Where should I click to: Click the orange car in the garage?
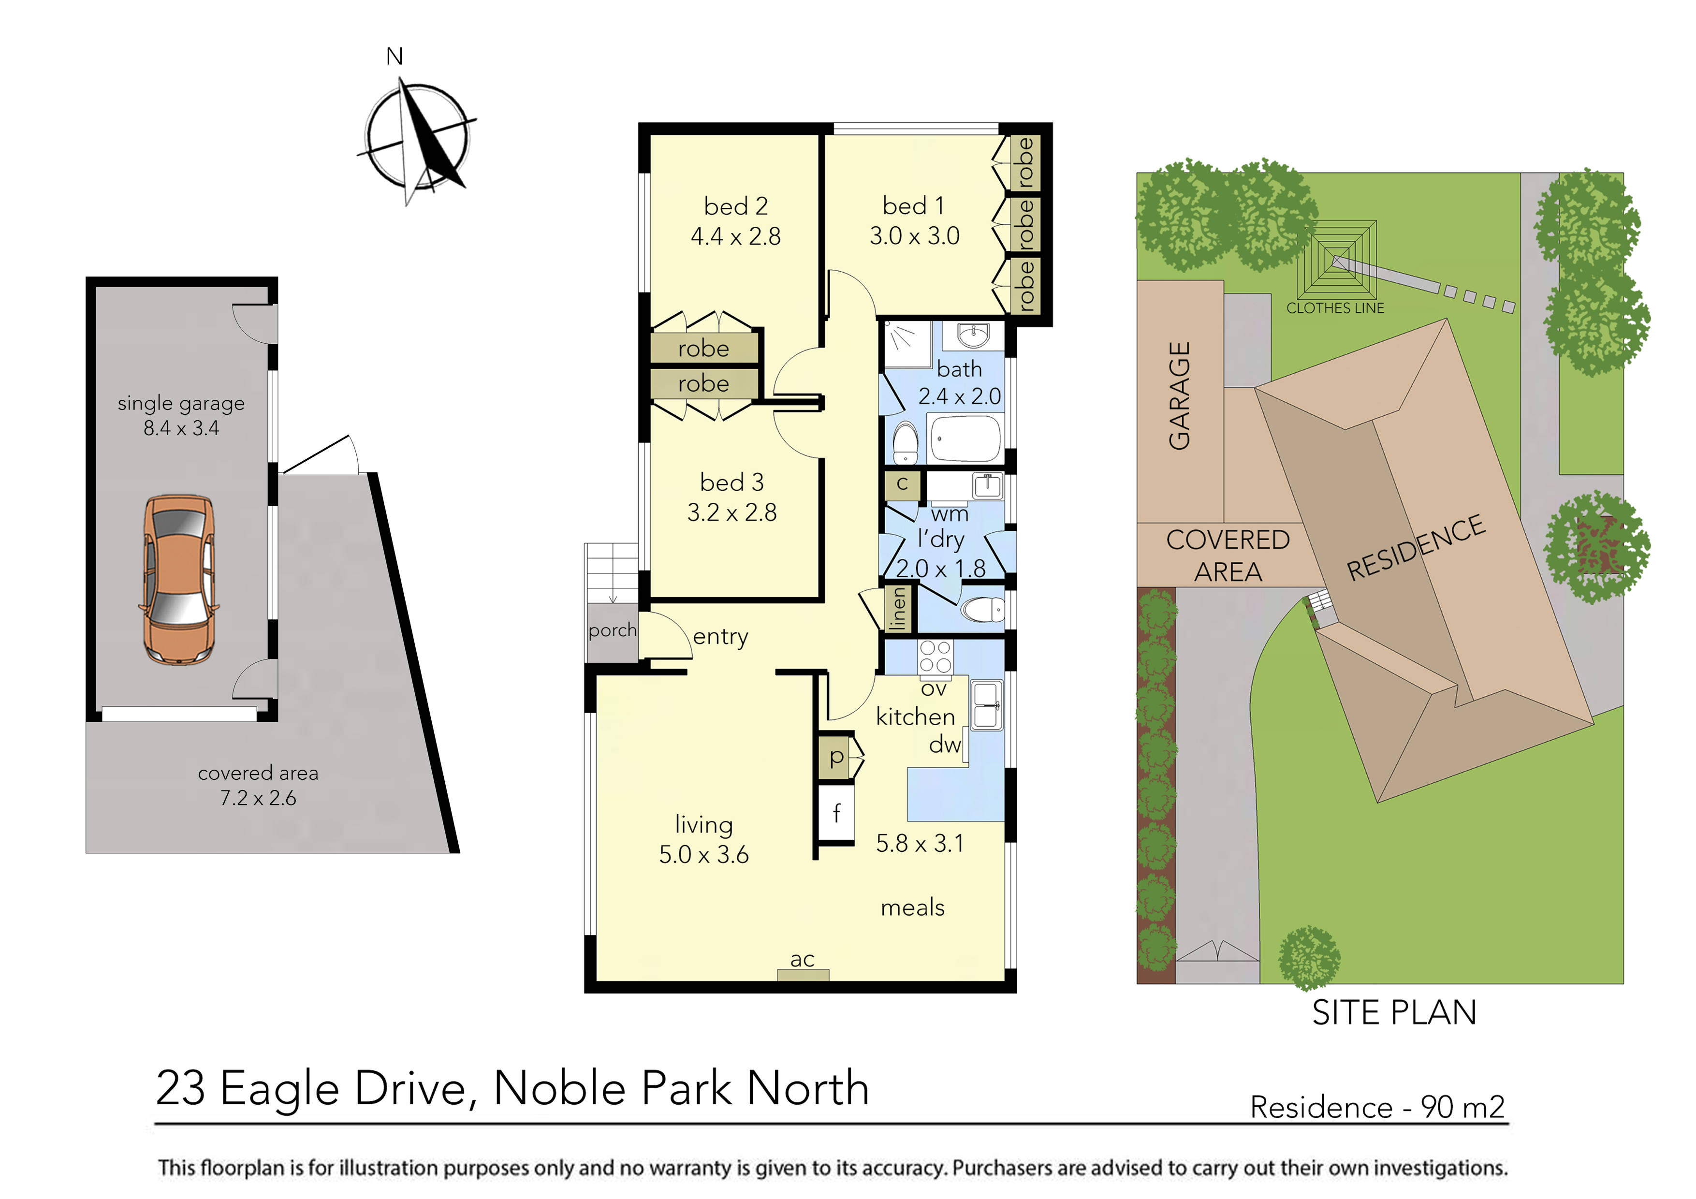click(179, 581)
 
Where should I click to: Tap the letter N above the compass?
click(395, 57)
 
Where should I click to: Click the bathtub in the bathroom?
click(964, 438)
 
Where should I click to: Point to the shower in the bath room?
click(907, 344)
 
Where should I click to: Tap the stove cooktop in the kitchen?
click(935, 657)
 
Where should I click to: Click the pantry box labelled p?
click(836, 757)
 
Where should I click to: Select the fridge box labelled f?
click(836, 813)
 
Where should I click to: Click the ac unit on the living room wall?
click(803, 974)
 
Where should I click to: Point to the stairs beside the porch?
click(612, 572)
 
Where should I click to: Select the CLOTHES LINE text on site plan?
click(1335, 308)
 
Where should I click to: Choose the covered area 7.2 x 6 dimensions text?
click(258, 798)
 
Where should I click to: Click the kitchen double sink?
click(986, 705)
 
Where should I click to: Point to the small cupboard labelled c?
click(902, 484)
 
